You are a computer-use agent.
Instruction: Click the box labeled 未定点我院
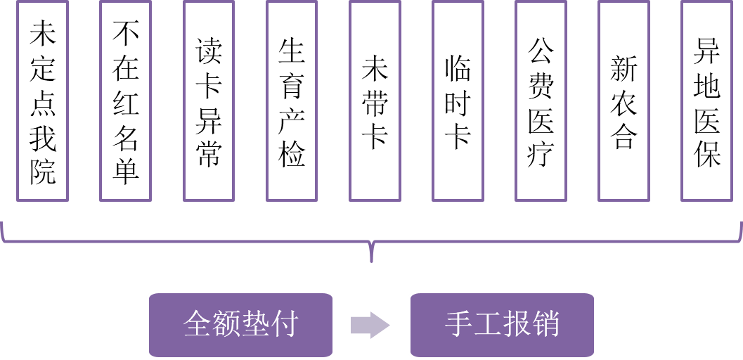42,100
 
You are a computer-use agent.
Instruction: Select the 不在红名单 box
125,100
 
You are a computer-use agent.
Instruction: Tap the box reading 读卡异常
209,100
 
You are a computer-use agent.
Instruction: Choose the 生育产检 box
292,100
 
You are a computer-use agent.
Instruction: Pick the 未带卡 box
375,100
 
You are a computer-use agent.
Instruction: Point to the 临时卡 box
458,100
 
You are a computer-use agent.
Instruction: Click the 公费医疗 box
541,100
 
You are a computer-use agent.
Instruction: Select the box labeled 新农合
624,100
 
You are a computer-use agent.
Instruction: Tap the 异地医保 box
707,100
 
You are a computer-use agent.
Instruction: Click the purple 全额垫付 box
240,324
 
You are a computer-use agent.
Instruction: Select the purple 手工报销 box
502,324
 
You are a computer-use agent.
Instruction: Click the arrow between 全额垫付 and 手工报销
370,324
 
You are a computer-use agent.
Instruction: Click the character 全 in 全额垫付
197,324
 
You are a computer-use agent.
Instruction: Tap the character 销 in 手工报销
545,324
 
